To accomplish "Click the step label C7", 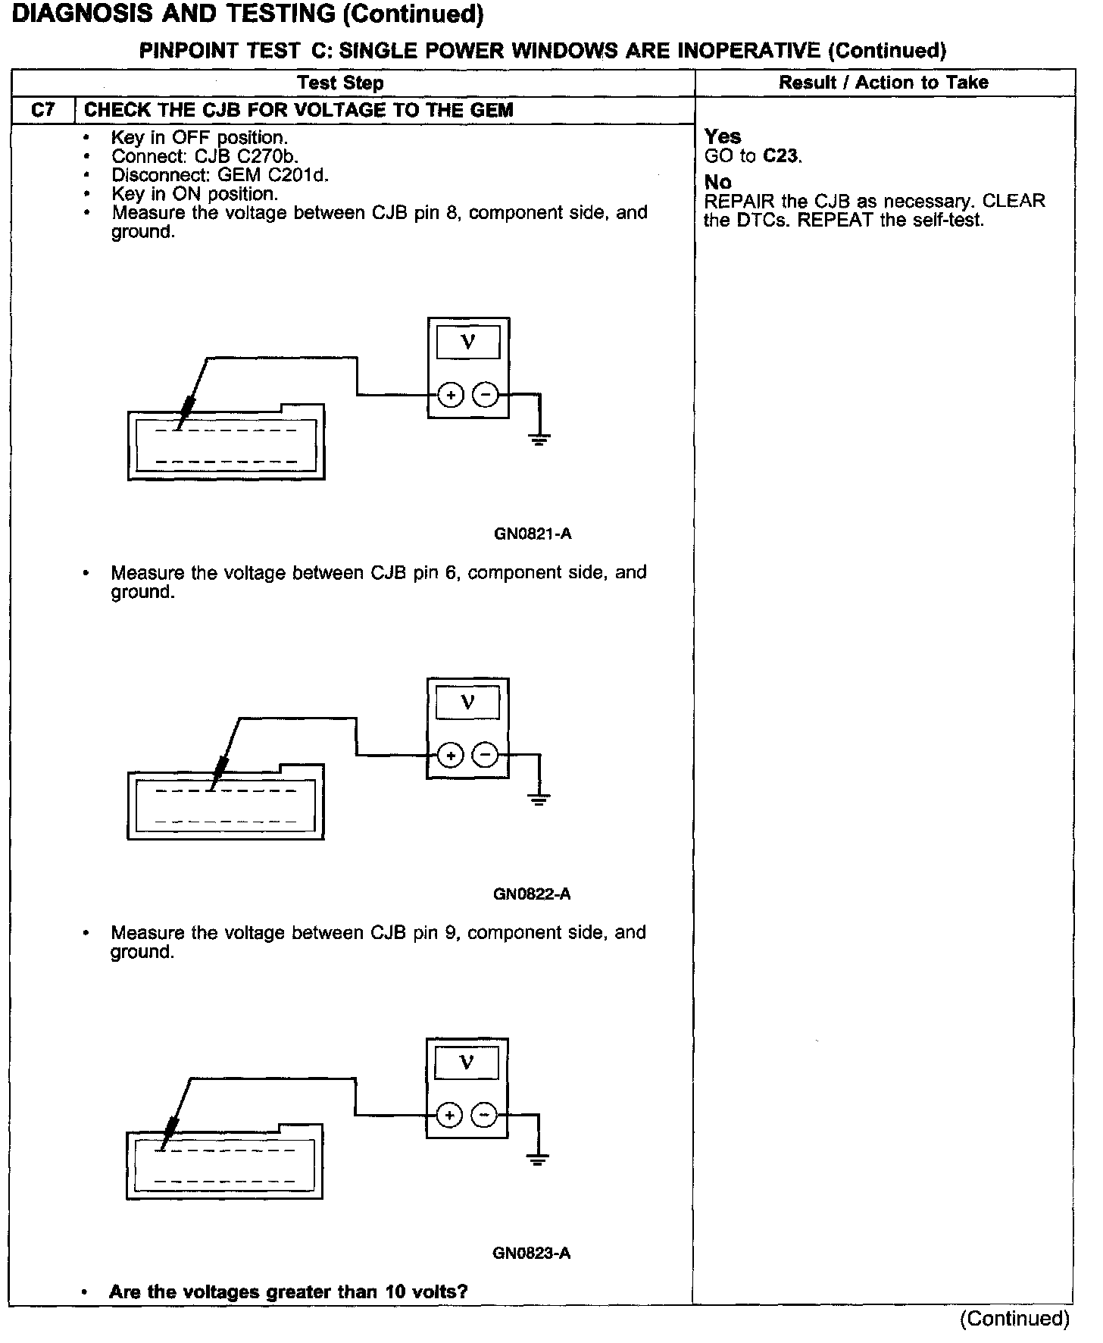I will (x=43, y=110).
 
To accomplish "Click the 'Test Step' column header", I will (x=340, y=83).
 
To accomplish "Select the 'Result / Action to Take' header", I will (x=883, y=82).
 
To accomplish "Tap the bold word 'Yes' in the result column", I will (x=723, y=136).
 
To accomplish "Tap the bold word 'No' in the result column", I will (x=717, y=182).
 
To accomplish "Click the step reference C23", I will (x=781, y=156).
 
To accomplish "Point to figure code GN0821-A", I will (x=533, y=534).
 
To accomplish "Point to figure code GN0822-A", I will (x=532, y=894).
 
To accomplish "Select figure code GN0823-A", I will (x=531, y=1253).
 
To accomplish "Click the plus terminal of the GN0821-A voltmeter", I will (x=451, y=395).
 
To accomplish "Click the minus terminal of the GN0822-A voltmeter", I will (x=486, y=755).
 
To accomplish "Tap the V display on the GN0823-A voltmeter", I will (x=467, y=1063).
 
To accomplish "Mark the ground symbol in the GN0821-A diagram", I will (x=539, y=439).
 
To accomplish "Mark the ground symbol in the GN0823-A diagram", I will (x=537, y=1159).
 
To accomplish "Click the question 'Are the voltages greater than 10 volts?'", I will (x=288, y=1292).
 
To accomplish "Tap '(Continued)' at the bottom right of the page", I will (x=1014, y=1319).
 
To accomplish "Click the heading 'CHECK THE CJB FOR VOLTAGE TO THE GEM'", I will (x=298, y=110).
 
